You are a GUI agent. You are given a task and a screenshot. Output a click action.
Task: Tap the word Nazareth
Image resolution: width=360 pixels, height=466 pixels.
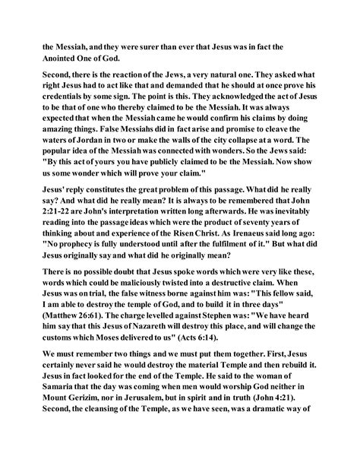[x=139, y=343]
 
